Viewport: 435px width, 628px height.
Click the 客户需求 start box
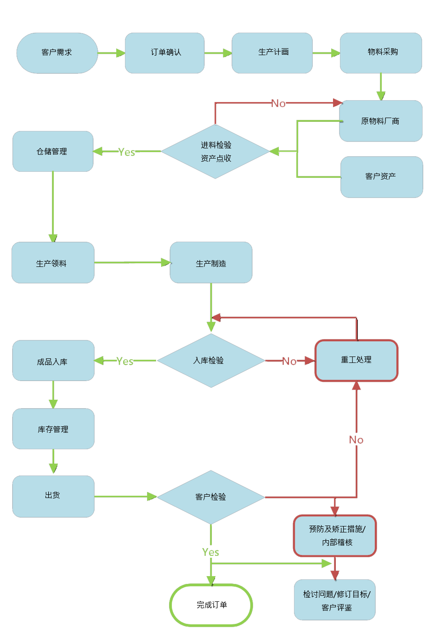coord(57,53)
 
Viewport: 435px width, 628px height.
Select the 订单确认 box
coord(165,53)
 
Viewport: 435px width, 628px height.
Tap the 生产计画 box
coord(272,53)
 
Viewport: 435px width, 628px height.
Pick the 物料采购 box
coord(381,53)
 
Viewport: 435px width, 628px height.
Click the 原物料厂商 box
coord(380,121)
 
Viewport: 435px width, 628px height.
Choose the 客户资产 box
coord(381,177)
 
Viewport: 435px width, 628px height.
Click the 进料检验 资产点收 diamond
coord(215,152)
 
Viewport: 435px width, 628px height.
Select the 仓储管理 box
coord(53,152)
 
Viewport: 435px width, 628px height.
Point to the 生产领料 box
coord(53,263)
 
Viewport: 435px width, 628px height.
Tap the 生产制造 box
coord(211,263)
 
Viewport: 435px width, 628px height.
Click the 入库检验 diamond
coord(211,361)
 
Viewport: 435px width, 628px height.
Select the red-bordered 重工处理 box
coord(356,361)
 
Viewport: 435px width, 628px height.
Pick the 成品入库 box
coord(53,361)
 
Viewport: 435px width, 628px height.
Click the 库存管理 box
coord(53,429)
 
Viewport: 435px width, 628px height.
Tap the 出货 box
coord(53,496)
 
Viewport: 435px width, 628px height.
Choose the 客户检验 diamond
coord(211,497)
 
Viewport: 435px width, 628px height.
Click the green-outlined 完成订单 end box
coord(211,605)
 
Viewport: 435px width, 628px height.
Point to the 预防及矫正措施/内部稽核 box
coord(335,536)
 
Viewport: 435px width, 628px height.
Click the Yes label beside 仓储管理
coord(126,152)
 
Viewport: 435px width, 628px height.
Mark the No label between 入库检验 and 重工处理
coord(289,362)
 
